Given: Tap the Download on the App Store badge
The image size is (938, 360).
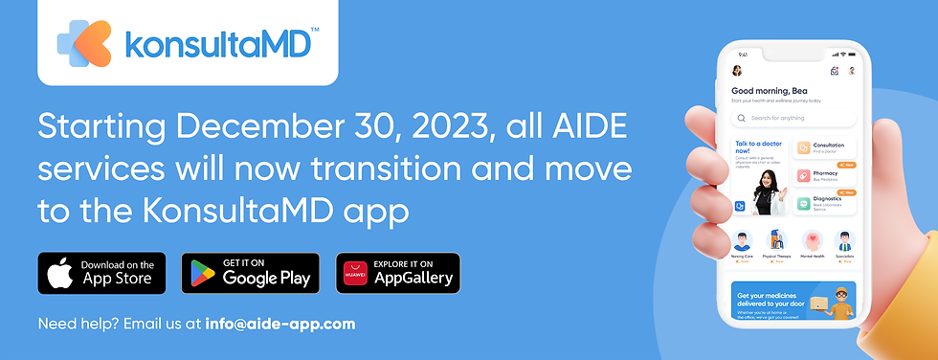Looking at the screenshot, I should tap(101, 273).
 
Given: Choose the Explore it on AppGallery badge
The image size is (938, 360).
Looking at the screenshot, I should tap(397, 273).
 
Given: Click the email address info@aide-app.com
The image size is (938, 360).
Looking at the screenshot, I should tap(280, 324).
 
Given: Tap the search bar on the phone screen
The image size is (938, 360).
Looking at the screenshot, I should tap(793, 118).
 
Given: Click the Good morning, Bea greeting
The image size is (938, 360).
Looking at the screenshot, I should tap(769, 91).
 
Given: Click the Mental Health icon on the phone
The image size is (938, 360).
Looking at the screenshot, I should tap(813, 240).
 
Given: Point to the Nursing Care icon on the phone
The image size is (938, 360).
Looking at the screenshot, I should tap(743, 240).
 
